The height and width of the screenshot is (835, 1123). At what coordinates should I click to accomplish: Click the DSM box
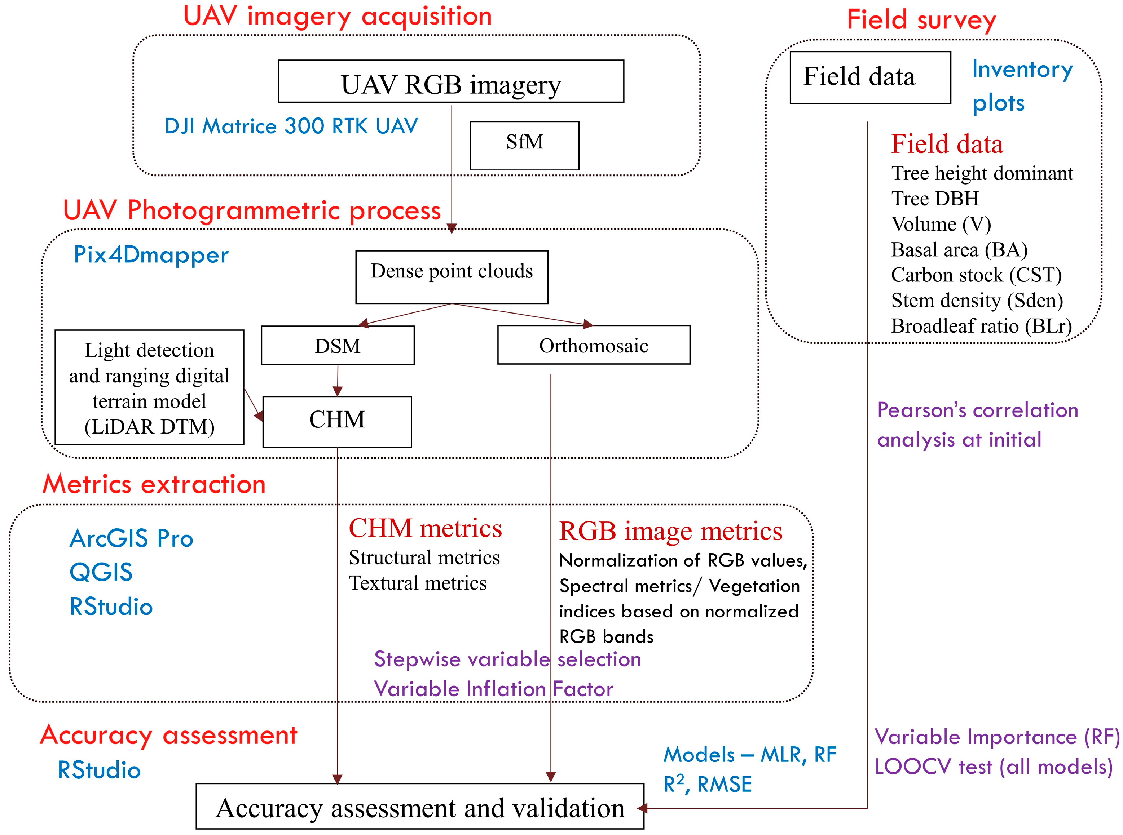point(338,345)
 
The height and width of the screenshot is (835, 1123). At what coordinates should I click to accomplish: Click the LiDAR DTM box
point(149,387)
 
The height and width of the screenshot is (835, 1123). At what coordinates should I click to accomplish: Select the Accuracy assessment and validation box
point(420,807)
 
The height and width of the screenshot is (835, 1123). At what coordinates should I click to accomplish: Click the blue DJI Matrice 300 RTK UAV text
point(291,126)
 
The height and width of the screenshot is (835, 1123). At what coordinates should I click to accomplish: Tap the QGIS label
point(101,572)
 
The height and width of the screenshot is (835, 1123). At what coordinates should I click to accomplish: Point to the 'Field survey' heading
point(921,20)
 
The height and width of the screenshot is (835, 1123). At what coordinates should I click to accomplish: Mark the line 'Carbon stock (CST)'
point(976,275)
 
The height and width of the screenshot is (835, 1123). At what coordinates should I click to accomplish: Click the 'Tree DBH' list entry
point(935,199)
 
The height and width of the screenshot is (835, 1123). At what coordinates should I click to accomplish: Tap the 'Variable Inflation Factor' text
point(493,689)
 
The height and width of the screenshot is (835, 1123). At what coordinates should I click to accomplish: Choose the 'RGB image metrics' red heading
point(670,531)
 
